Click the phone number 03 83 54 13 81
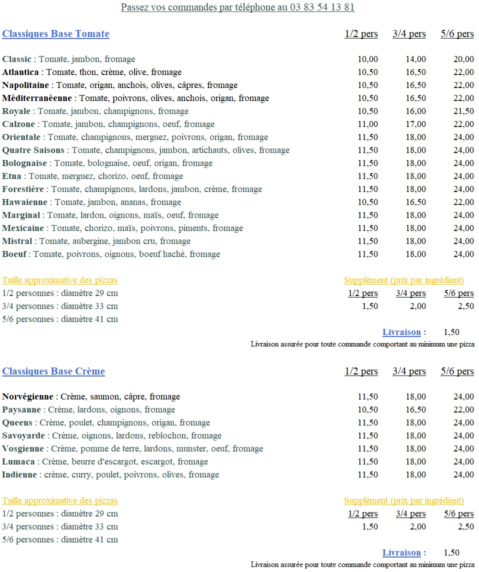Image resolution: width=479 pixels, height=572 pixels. (322, 7)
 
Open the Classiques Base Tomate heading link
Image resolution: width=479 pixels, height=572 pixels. (55, 34)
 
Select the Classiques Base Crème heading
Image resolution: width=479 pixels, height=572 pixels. (53, 371)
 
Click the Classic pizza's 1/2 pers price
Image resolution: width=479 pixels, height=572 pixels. (368, 59)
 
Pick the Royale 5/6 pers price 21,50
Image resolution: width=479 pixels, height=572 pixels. (463, 111)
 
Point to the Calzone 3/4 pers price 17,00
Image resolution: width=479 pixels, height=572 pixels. (416, 124)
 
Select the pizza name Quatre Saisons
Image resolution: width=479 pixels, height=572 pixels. (33, 150)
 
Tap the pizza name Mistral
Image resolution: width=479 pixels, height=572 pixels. (17, 241)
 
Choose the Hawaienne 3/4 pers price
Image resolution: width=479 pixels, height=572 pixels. (416, 202)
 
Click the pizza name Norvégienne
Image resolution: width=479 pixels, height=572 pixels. (27, 397)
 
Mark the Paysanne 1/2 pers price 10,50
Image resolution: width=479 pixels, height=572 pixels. (368, 410)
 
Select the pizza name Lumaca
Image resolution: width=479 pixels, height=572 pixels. (18, 462)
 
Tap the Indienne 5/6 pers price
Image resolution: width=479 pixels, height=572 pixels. (463, 475)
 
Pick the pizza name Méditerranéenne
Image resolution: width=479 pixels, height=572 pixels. (37, 98)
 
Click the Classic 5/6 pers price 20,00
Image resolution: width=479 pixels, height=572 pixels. (463, 59)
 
